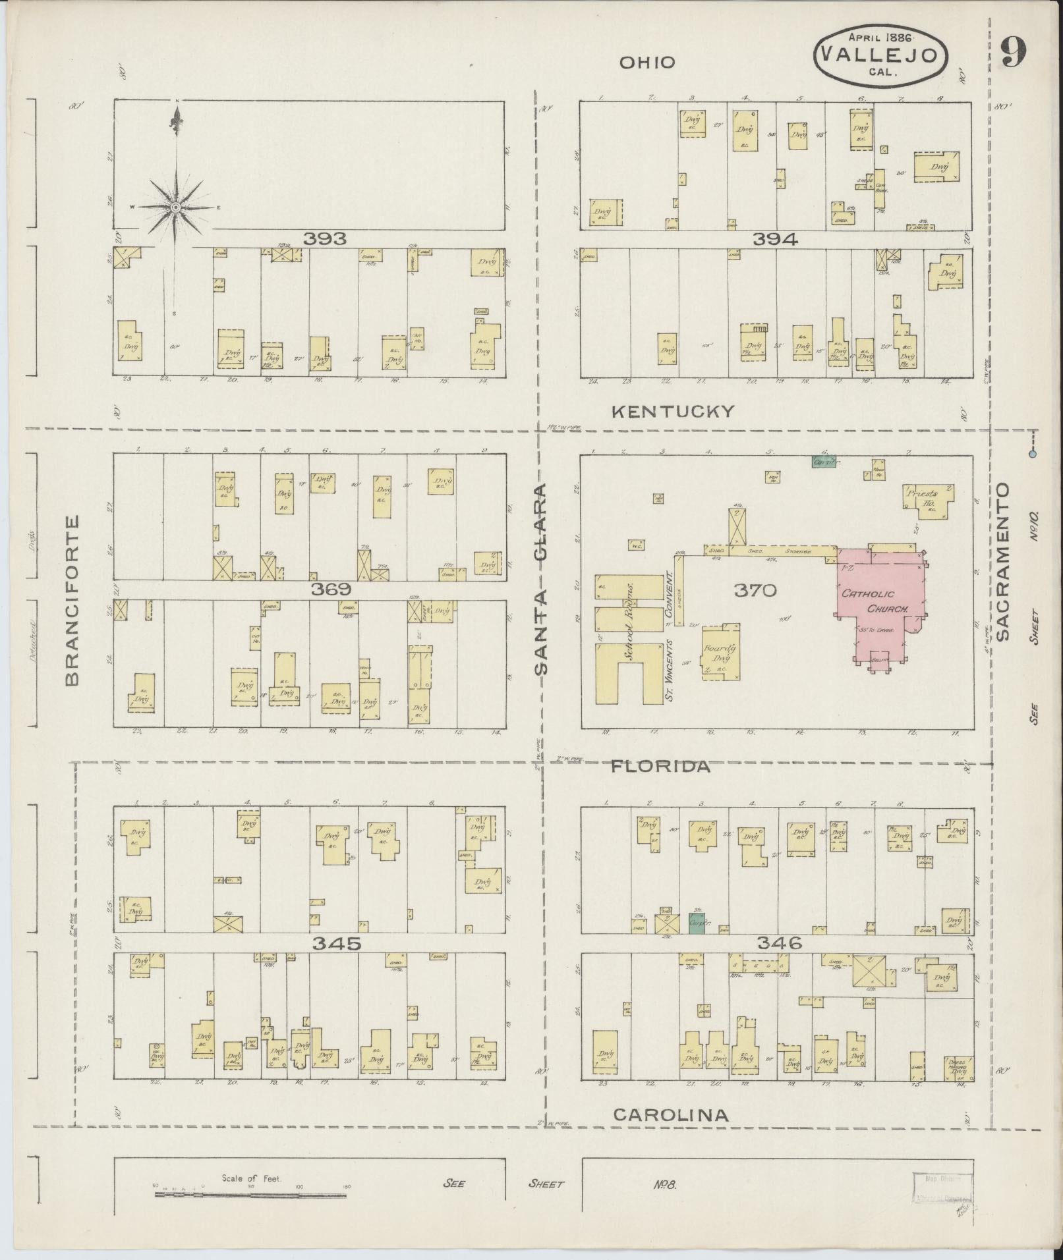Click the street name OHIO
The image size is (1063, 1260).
point(646,63)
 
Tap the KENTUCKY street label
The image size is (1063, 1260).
point(672,412)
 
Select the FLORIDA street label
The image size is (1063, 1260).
point(660,767)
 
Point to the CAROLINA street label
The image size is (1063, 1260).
point(671,1114)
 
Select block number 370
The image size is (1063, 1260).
point(755,590)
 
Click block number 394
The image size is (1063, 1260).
point(775,240)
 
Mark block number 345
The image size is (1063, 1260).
point(336,944)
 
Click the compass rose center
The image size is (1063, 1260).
point(175,207)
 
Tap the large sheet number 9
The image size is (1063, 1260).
point(1014,52)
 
